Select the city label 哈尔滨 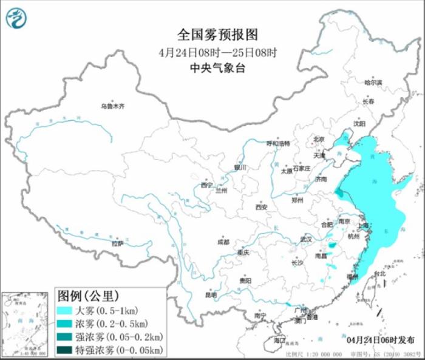pyautogui.click(x=373, y=82)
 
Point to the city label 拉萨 pyautogui.click(x=117, y=243)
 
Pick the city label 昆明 pyautogui.click(x=210, y=295)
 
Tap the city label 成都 pyautogui.click(x=223, y=242)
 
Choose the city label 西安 pyautogui.click(x=261, y=207)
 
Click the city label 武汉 pyautogui.click(x=307, y=239)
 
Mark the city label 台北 pyautogui.click(x=379, y=274)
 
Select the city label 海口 pyautogui.click(x=279, y=341)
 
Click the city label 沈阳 pyautogui.click(x=359, y=124)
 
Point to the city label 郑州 pyautogui.click(x=297, y=199)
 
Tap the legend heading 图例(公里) pyautogui.click(x=86, y=296)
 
